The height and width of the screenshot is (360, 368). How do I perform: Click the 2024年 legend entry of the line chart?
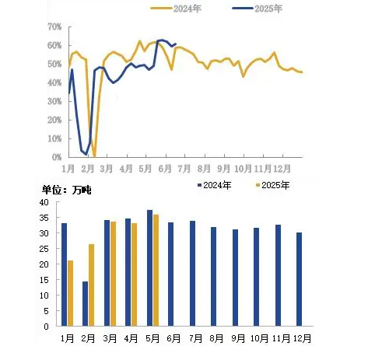(176, 9)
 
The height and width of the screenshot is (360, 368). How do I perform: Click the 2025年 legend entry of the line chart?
(257, 9)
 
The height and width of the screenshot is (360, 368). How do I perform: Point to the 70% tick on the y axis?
(54, 26)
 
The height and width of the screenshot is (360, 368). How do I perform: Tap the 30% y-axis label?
(54, 101)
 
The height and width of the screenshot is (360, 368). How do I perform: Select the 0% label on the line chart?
(57, 157)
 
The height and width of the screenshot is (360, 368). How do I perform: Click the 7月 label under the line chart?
(184, 169)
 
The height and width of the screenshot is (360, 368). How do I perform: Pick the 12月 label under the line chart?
(282, 169)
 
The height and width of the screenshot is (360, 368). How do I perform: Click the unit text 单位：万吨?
(67, 190)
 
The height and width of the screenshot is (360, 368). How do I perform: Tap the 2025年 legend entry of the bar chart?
(272, 185)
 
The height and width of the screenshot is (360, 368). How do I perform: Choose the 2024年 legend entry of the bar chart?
(214, 185)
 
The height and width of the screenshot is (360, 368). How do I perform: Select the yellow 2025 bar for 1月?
(70, 293)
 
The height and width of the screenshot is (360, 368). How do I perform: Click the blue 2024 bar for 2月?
(85, 304)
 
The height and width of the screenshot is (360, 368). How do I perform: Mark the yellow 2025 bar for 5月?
(156, 271)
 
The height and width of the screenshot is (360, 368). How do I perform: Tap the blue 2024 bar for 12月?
(299, 279)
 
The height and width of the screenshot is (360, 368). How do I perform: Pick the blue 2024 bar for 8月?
(213, 277)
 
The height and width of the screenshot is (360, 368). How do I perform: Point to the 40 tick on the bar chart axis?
(44, 202)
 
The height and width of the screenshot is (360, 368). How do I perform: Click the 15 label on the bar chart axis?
(44, 280)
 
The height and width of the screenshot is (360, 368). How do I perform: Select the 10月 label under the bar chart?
(259, 338)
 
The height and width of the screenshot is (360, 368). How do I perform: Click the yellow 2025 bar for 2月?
(91, 285)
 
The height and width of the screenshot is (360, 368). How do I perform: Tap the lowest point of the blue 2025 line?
(86, 155)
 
